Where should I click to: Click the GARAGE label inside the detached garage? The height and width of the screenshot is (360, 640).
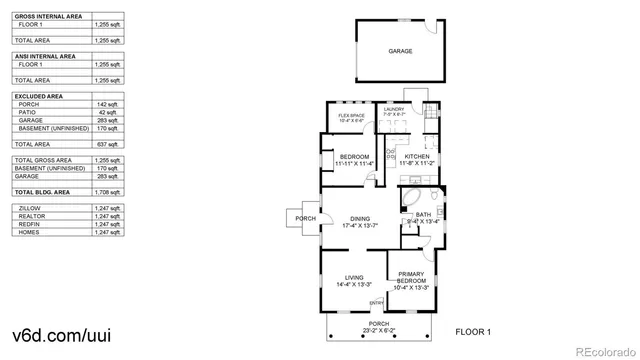pos(400,51)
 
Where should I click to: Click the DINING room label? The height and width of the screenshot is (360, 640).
pos(360,222)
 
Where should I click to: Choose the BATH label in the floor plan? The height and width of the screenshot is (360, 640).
pos(423,215)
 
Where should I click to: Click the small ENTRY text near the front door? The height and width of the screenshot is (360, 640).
pos(376,303)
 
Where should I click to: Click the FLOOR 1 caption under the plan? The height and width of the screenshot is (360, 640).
pos(473,331)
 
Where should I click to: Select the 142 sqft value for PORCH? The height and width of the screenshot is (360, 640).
pos(106,103)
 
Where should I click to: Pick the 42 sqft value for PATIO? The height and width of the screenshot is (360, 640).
pos(106,111)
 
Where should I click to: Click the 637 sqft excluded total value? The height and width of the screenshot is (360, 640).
pos(106,144)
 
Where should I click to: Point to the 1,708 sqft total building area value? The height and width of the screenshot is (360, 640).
pos(106,191)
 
